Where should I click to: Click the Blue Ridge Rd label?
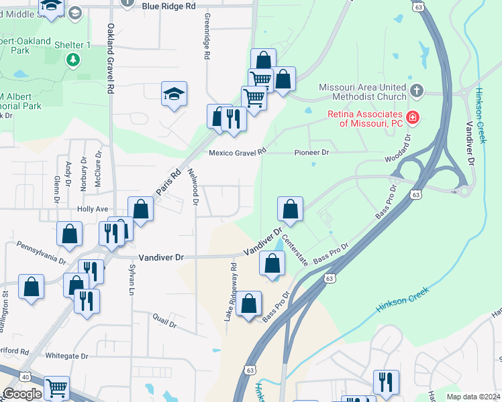click(x=168, y=5)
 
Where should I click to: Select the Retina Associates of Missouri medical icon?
click(x=412, y=118)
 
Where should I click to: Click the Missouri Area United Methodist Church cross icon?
click(x=416, y=90)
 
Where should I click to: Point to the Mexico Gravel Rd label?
click(x=238, y=153)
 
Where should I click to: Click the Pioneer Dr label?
click(x=312, y=153)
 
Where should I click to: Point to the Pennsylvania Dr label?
click(x=42, y=252)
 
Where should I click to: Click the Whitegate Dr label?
click(x=66, y=356)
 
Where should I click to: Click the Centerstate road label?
click(x=295, y=250)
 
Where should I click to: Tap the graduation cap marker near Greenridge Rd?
click(x=174, y=94)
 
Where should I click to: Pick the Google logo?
click(x=22, y=394)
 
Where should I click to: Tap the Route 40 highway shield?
click(x=26, y=377)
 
